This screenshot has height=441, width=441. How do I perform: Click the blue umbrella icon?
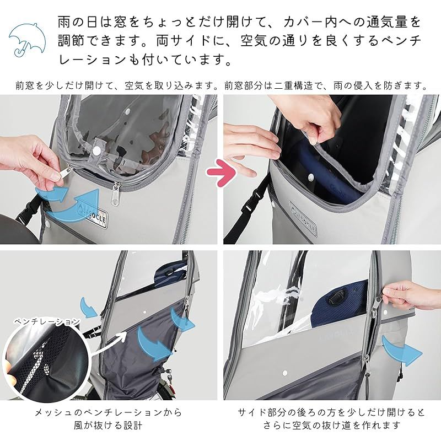tap(26, 38)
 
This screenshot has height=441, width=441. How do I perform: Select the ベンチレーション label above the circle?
tap(47, 322)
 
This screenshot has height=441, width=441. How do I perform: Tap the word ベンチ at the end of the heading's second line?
tap(400, 41)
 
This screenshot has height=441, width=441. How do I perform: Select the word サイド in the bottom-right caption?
tap(252, 413)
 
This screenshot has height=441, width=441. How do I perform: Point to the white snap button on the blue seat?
tap(310, 177)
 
